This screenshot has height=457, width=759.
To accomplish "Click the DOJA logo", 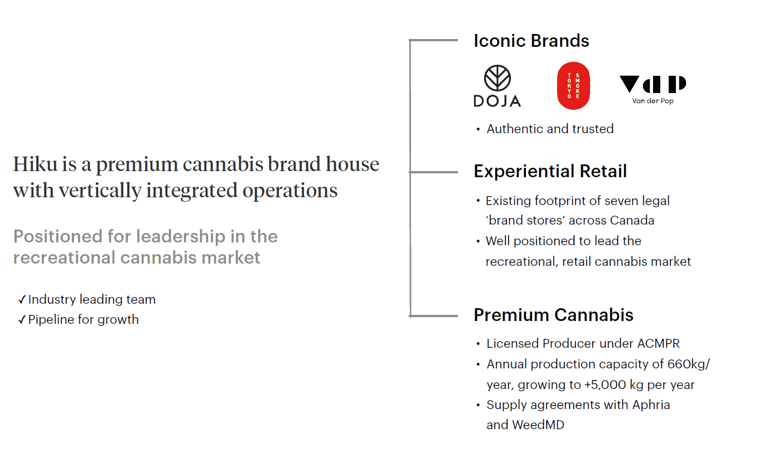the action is (497, 86).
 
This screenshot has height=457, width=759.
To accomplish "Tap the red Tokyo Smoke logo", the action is (573, 86).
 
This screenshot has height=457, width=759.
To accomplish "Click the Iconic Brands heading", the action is (531, 41).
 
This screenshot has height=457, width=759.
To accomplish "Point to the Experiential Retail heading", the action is (550, 171).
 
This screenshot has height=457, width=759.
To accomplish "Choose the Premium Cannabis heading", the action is (554, 315).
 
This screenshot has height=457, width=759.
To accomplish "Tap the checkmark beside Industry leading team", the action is (22, 300).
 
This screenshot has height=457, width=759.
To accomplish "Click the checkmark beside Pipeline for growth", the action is (22, 319).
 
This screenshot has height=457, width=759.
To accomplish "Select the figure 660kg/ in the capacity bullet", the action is (689, 364).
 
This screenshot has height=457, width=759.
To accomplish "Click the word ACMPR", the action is (659, 344).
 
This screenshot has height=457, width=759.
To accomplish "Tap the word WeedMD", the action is (538, 425).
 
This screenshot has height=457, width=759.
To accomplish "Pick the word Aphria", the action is (651, 405).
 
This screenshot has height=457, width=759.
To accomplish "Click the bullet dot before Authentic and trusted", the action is (478, 129).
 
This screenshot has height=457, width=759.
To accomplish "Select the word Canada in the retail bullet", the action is (632, 220).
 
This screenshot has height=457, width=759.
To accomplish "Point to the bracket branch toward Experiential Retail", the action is (434, 172).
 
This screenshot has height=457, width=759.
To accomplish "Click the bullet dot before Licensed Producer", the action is (478, 344).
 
